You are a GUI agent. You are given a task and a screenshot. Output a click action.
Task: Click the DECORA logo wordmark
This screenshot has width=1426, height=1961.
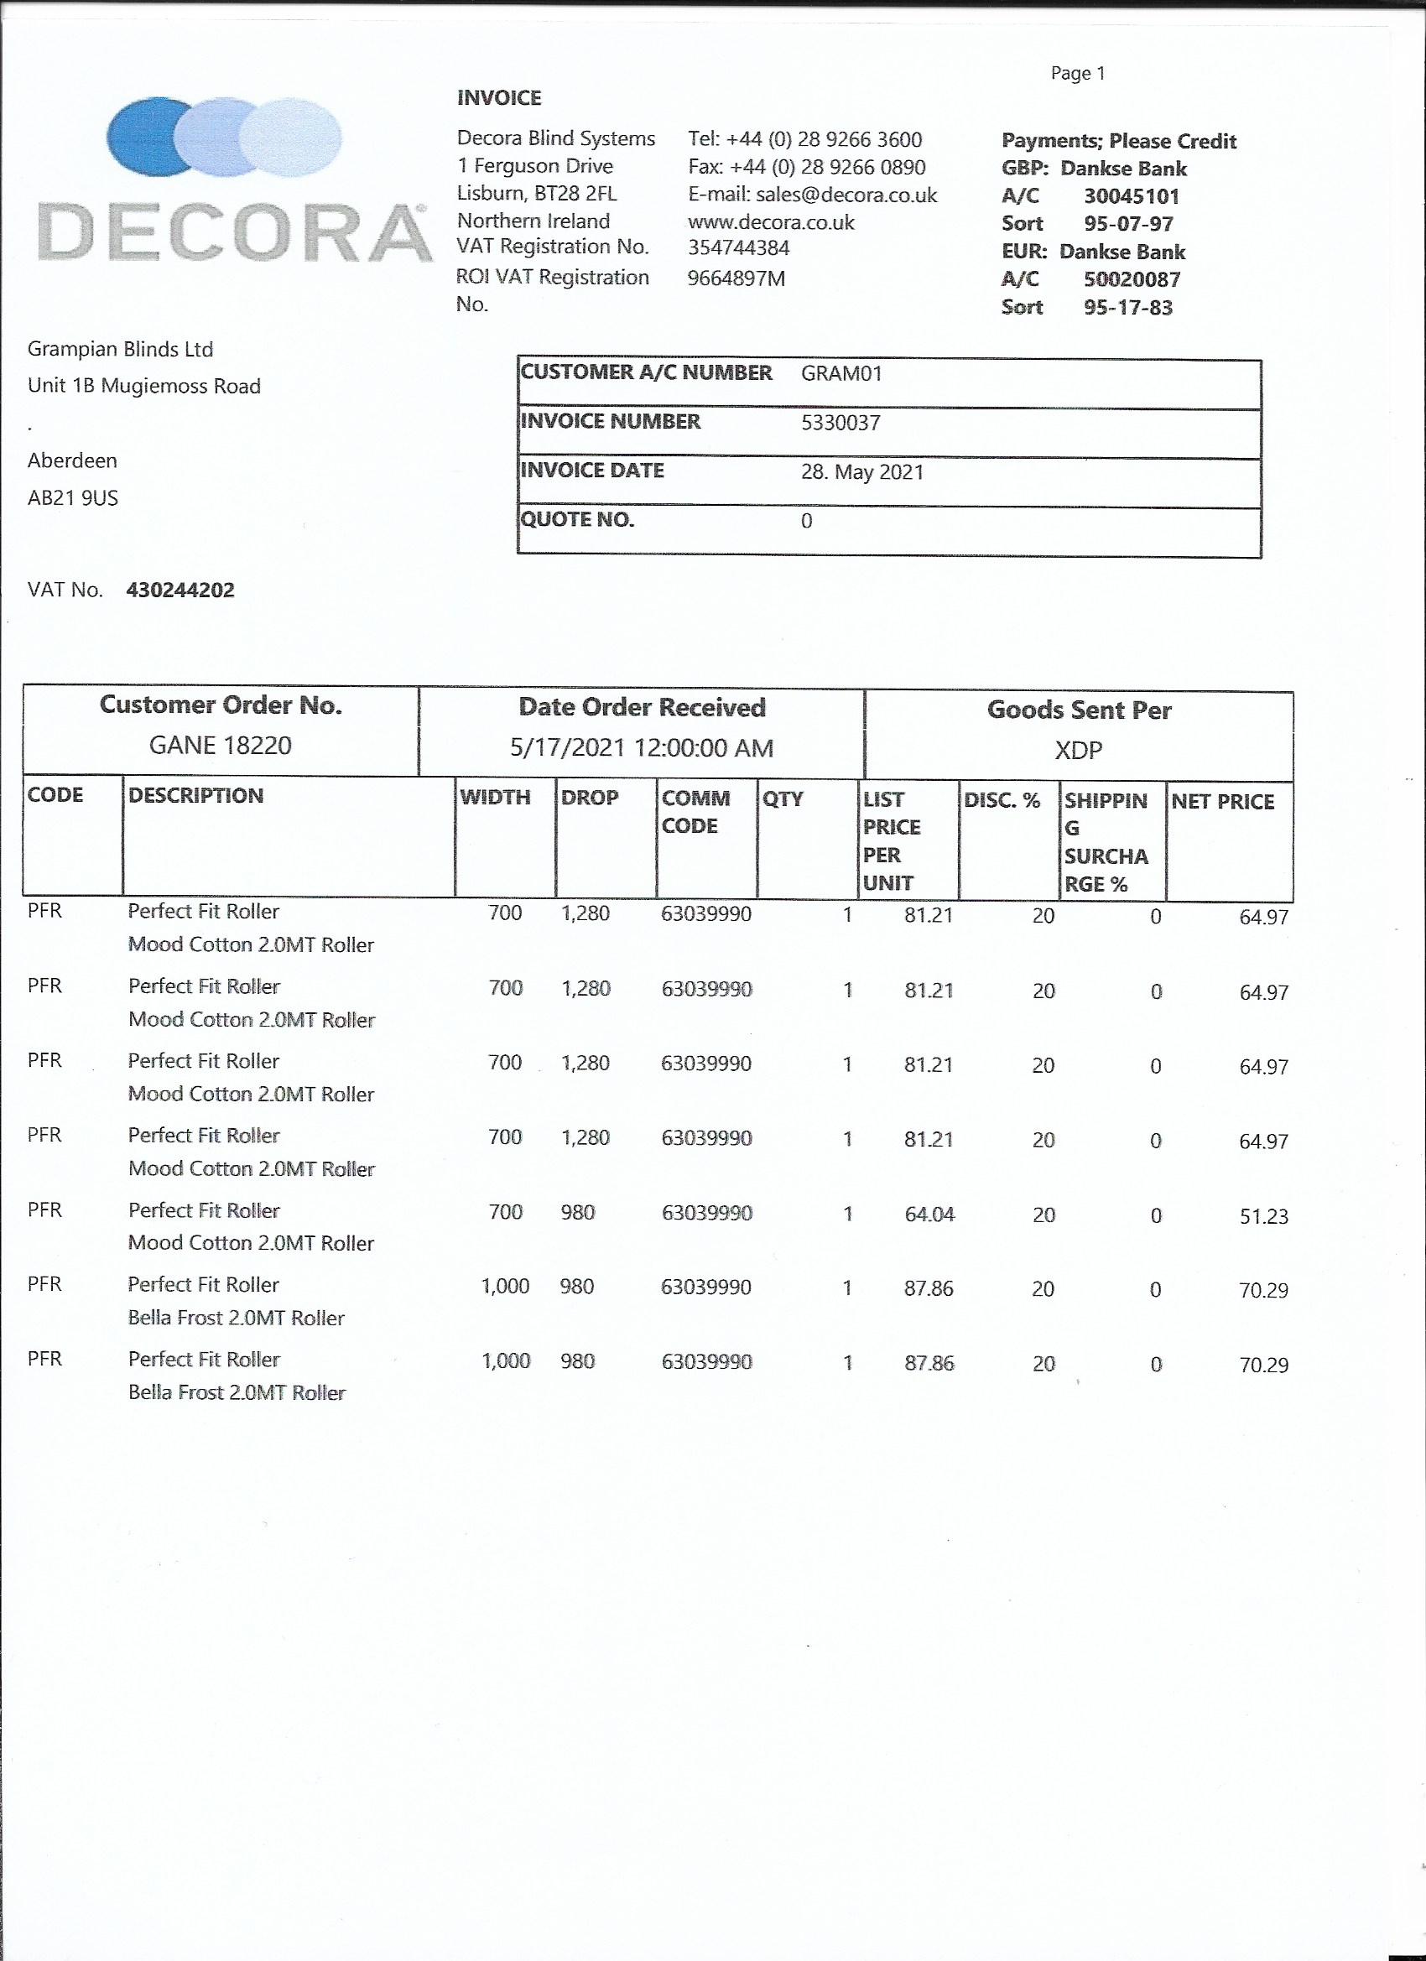[x=233, y=231]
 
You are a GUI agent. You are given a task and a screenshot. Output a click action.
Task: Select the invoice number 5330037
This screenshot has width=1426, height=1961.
[x=841, y=423]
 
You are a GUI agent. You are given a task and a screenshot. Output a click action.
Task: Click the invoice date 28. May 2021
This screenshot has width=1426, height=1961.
[x=862, y=472]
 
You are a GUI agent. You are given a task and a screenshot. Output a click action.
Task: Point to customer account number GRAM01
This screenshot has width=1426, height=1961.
[x=841, y=373]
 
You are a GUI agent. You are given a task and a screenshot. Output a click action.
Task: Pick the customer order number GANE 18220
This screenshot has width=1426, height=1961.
[x=221, y=746]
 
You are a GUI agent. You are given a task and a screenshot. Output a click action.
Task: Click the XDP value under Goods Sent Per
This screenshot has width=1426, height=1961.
[x=1079, y=751]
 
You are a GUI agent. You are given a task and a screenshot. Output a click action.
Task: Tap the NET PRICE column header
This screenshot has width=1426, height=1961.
[x=1223, y=802]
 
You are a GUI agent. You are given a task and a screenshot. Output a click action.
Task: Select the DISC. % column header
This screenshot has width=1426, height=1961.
[x=1002, y=801]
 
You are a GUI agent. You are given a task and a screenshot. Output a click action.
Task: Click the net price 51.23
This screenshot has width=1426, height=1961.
[x=1263, y=1216]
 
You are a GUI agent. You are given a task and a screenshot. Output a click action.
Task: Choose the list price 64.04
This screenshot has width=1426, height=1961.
[x=929, y=1214]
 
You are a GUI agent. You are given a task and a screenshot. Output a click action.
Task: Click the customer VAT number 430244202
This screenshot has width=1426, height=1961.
[x=180, y=590]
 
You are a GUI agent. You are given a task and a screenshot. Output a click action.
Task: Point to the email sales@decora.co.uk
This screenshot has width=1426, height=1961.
[x=846, y=195]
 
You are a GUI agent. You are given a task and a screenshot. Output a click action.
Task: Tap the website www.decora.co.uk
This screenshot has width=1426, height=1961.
[x=772, y=223]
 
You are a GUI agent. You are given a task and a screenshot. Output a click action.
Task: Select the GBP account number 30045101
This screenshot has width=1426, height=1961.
[x=1131, y=196]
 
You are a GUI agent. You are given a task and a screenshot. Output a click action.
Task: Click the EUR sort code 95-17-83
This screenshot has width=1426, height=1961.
[x=1127, y=308]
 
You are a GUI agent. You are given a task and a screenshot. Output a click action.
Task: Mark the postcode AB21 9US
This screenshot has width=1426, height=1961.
[x=73, y=498]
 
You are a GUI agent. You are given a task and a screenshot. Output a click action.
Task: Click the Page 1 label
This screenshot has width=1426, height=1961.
[x=1078, y=74]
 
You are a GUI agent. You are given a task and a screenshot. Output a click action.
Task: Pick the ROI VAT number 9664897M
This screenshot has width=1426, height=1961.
[x=736, y=278]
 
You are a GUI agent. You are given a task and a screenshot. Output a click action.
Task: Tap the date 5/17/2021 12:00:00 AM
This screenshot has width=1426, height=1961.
[x=642, y=748]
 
